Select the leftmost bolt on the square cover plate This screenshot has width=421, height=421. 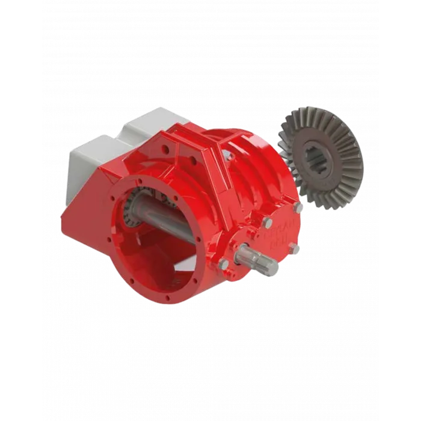pos(224,265)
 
